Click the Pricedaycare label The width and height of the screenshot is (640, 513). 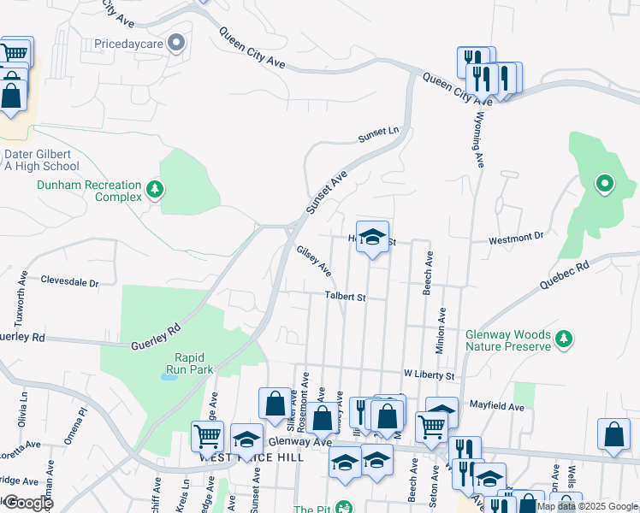pos(129,42)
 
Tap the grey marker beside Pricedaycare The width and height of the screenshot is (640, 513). pos(177,42)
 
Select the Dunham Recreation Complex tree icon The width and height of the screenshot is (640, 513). pos(155,188)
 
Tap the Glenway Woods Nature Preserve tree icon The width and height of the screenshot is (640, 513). pos(563,339)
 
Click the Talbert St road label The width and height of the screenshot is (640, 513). pos(345,298)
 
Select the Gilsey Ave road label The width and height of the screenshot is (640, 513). pos(313,261)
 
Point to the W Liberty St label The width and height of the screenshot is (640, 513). pos(433,374)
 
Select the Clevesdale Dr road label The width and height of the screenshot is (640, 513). pos(69,281)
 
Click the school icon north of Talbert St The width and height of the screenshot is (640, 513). pos(372,237)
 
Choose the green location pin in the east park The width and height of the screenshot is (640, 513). pos(604,182)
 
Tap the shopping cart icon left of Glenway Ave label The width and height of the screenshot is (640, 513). pos(207,435)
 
